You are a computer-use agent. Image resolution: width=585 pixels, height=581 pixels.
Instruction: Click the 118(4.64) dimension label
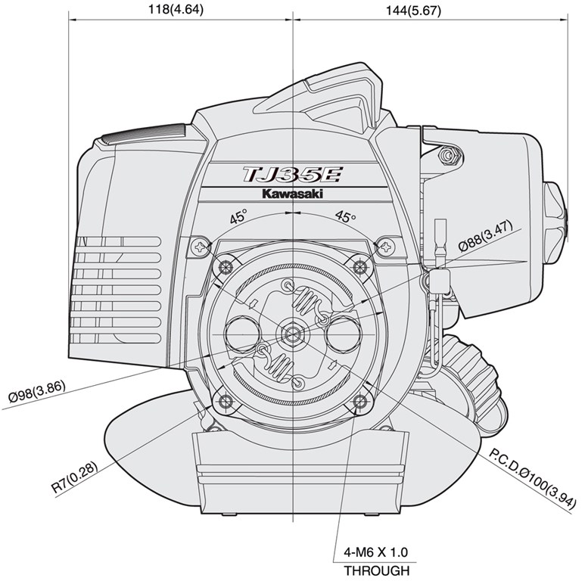(176, 9)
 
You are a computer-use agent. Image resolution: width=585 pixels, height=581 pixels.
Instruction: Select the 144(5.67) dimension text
(413, 11)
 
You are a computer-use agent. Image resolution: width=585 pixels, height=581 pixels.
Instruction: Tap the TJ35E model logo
(292, 175)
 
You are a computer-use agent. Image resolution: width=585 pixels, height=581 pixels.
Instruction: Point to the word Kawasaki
(292, 194)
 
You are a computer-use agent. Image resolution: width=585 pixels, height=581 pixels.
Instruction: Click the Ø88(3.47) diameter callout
(486, 236)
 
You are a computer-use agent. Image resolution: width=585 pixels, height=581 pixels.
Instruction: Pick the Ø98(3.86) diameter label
(36, 391)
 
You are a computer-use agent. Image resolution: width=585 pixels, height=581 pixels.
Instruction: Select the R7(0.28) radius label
(75, 477)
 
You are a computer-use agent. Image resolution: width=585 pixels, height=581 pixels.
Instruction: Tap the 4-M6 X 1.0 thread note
(375, 551)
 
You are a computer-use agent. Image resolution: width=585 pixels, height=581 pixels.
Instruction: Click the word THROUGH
(376, 570)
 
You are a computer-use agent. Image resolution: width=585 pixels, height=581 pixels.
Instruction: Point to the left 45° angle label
(238, 216)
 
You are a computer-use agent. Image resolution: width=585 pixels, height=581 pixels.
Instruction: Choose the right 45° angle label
(345, 216)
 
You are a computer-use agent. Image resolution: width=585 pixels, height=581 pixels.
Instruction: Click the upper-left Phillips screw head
(201, 247)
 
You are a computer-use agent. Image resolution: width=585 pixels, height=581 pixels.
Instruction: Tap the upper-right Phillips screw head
(386, 246)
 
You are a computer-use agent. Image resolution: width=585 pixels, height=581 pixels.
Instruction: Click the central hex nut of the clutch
(292, 333)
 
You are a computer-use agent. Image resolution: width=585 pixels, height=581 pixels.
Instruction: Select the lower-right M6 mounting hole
(359, 401)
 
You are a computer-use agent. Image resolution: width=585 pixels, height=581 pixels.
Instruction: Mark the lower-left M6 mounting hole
(226, 401)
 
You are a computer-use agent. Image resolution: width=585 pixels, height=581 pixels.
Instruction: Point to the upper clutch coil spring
(307, 299)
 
